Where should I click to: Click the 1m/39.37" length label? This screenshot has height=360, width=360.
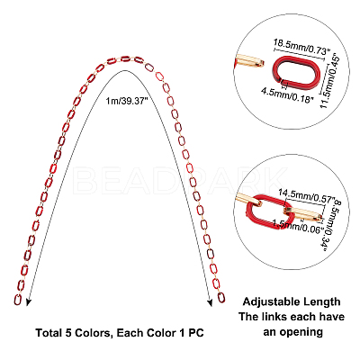point(127,102)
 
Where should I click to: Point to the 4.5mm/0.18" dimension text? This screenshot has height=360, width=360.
point(287,95)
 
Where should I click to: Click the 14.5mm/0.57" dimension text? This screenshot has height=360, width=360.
point(306,196)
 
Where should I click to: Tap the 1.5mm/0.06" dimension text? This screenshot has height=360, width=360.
point(298,226)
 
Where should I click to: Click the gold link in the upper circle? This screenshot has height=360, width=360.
point(249,61)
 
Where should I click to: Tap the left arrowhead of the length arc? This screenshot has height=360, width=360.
point(28,301)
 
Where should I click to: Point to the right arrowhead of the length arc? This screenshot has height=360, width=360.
point(210,302)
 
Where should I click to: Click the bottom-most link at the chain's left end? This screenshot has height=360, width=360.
point(18,300)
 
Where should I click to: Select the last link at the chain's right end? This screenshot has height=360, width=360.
point(221,297)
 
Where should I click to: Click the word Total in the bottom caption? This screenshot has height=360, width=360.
point(48,333)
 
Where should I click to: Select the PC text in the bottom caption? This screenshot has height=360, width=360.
point(196,333)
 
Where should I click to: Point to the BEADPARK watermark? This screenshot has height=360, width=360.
point(180,180)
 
